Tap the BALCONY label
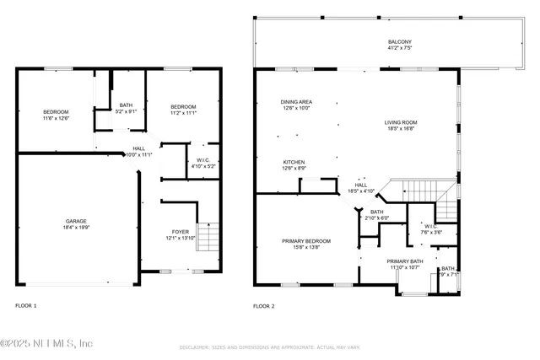400,41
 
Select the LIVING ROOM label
401,122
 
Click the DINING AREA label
296,102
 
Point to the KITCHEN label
294,162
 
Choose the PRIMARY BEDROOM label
306,241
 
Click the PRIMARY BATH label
403,261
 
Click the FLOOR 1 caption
26,305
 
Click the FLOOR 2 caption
264,305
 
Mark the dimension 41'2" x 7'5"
400,48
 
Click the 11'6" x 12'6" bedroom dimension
57,119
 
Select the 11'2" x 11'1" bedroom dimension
183,113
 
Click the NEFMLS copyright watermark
46,343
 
